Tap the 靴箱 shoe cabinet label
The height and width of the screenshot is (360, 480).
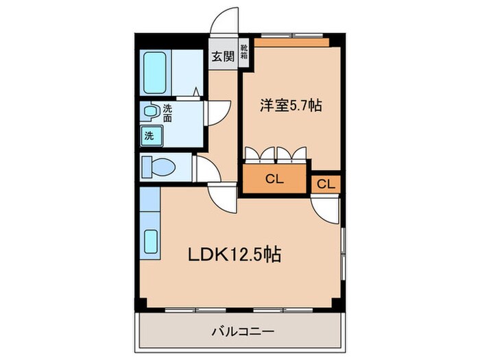(243, 53)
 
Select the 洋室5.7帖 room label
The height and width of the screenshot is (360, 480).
(290, 106)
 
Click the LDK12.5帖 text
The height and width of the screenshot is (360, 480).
(234, 254)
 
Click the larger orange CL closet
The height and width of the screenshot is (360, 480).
(274, 180)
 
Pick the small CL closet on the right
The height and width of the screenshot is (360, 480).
(326, 184)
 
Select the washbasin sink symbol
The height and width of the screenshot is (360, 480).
(148, 111)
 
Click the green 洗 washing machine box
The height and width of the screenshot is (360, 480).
(149, 136)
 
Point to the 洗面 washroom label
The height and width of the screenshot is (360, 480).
(167, 112)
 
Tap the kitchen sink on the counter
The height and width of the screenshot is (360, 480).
(151, 242)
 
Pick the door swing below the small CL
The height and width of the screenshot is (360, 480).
(325, 208)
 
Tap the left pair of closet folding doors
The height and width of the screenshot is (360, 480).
(261, 153)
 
